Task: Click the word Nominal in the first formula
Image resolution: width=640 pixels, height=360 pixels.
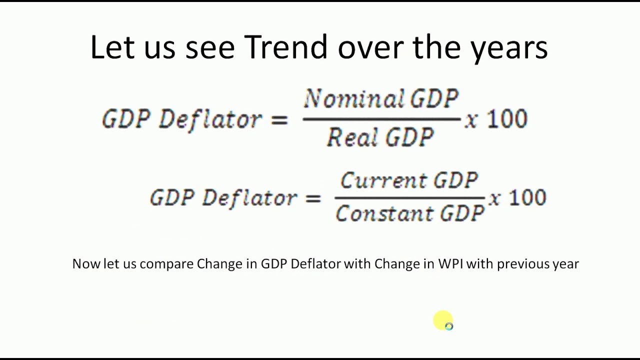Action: [x=353, y=99]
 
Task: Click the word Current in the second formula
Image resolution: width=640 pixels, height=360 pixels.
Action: [x=383, y=180]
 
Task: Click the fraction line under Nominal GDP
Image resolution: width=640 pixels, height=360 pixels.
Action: [x=381, y=119]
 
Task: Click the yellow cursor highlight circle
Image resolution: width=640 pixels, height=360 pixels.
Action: [x=443, y=320]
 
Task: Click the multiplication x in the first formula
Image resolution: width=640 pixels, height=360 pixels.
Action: [x=471, y=121]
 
